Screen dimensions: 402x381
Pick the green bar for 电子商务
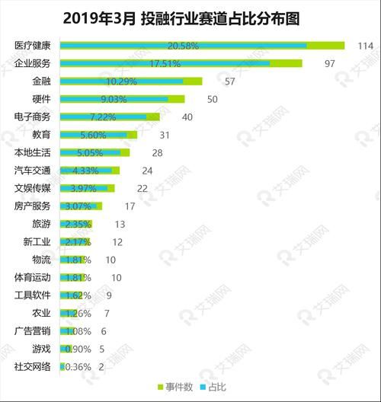(153, 116)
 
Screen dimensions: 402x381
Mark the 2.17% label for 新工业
(77, 241)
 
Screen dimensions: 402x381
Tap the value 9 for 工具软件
(110, 295)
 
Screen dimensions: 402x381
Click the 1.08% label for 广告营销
(76, 330)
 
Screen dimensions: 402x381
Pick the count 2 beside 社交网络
(101, 366)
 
